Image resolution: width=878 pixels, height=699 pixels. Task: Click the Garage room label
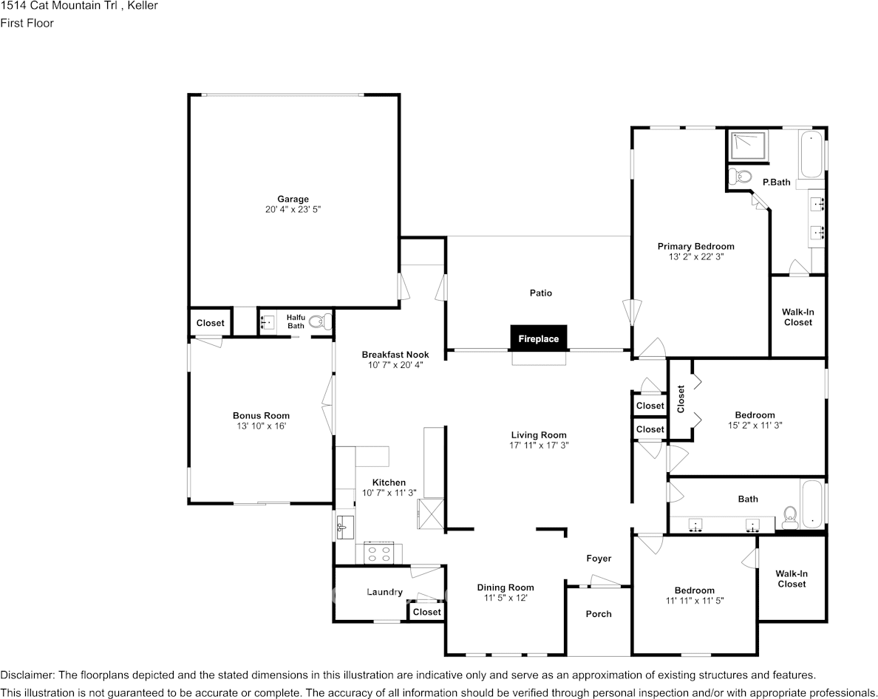[293, 199]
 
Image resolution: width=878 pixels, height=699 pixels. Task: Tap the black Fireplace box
[538, 338]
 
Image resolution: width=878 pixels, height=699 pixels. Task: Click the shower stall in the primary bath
[749, 146]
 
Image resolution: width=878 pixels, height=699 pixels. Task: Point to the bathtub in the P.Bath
[811, 154]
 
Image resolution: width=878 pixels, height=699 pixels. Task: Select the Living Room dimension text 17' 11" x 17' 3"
[539, 446]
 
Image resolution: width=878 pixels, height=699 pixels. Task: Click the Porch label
[599, 614]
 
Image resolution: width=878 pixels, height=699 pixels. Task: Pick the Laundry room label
[384, 592]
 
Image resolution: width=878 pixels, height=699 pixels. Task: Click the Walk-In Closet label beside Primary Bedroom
[797, 317]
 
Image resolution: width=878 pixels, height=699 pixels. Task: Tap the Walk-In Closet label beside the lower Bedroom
[791, 579]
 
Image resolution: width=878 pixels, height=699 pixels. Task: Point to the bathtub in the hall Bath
[811, 504]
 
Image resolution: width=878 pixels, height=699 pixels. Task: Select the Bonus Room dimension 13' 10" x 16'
[261, 426]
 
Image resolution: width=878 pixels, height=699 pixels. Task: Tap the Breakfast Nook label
[395, 355]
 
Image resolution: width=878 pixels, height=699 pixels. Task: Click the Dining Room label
[505, 588]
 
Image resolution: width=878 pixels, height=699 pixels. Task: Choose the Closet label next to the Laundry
[426, 612]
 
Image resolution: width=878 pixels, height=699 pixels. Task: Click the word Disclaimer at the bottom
[27, 675]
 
